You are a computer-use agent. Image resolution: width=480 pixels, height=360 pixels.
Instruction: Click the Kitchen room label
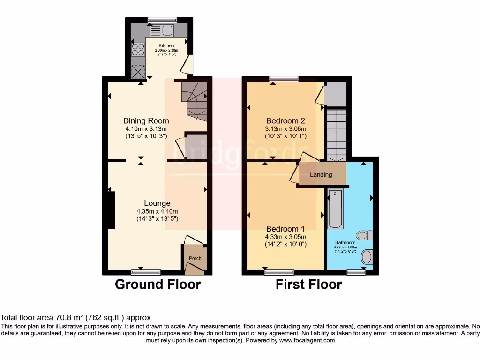166,45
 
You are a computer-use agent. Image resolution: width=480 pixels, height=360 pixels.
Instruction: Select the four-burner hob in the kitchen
138,49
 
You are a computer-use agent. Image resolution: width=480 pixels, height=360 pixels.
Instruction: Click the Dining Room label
145,120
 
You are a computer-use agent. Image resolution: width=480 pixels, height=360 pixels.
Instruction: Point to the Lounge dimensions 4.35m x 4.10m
157,211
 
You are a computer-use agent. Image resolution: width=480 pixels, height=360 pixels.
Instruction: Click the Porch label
195,259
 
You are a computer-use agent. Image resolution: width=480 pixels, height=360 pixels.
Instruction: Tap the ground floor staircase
194,100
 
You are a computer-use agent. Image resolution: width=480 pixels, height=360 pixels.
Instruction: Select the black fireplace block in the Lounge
111,210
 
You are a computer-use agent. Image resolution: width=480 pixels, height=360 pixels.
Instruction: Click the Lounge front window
145,272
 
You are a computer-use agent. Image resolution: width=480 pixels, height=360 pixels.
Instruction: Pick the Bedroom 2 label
285,120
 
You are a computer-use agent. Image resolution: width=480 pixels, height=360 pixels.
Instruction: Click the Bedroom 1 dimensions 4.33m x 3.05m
285,237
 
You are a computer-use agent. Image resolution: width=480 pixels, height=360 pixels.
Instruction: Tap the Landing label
321,175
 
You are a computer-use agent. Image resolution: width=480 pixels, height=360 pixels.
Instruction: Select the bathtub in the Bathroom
336,208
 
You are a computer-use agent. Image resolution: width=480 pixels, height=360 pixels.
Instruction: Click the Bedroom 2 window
284,79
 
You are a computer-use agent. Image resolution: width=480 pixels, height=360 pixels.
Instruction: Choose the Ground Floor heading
158,285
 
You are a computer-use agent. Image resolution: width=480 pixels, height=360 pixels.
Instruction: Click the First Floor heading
308,285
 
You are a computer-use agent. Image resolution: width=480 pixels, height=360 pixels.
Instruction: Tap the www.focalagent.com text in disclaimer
307,340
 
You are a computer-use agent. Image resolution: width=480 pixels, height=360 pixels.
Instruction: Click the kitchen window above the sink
162,20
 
